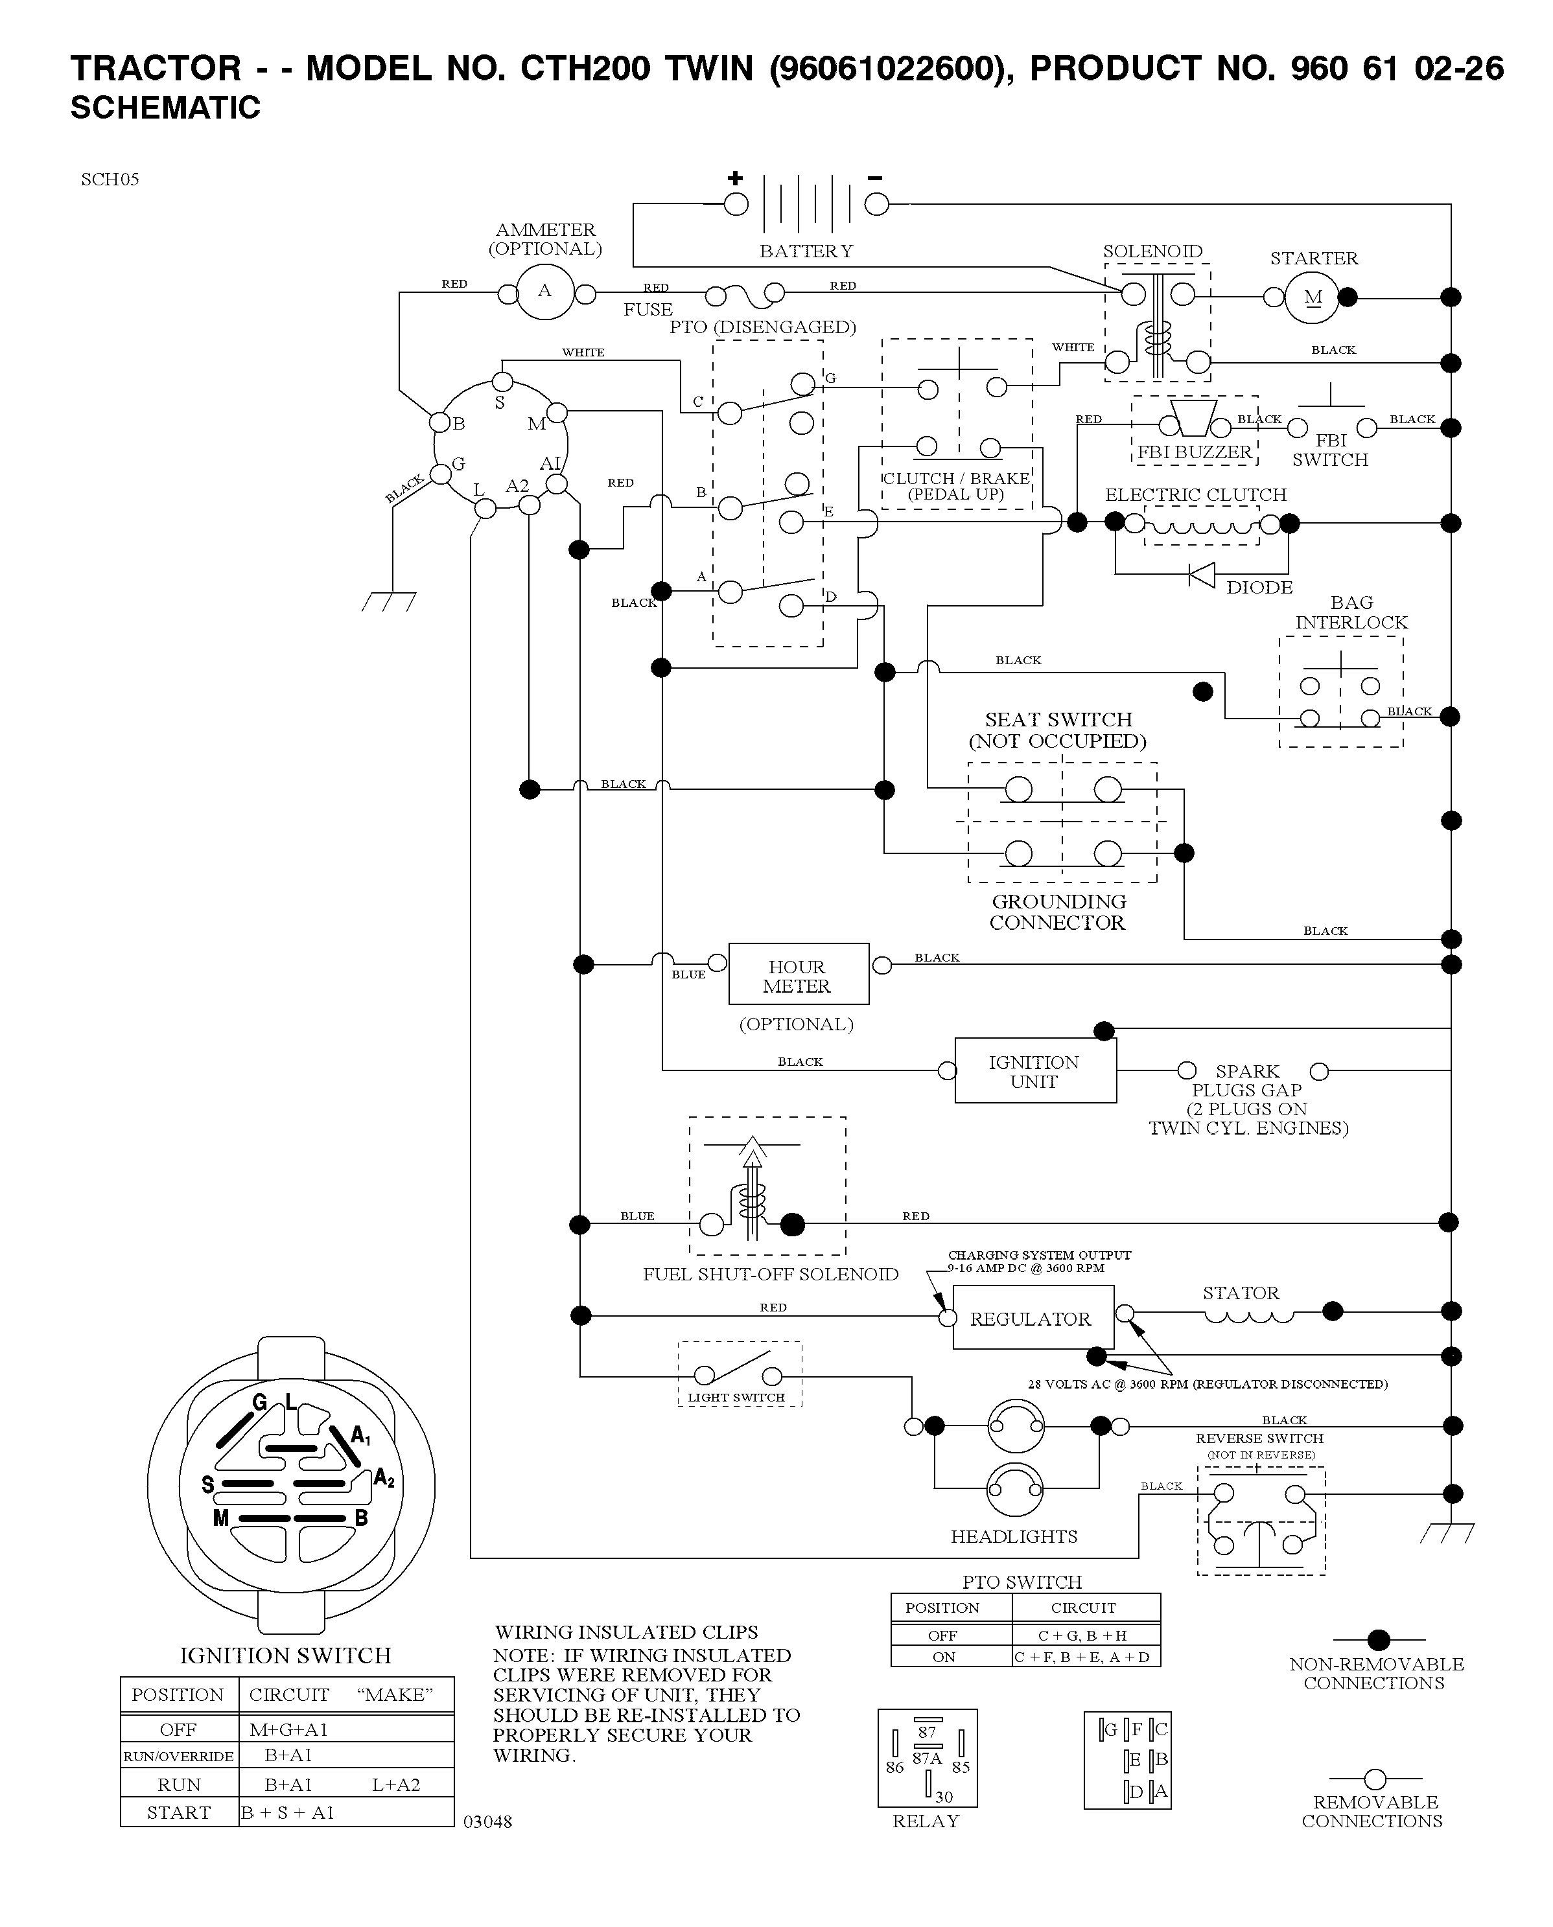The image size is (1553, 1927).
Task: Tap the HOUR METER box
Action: (x=798, y=974)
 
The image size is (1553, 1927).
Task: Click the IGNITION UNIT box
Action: (x=1035, y=1070)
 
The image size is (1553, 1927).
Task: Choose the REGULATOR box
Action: (x=1033, y=1317)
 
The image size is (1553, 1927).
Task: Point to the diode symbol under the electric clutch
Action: (x=1202, y=574)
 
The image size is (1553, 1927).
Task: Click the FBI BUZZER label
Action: (x=1195, y=452)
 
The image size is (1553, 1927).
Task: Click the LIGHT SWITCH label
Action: (x=736, y=1398)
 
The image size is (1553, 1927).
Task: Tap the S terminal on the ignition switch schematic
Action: (x=503, y=382)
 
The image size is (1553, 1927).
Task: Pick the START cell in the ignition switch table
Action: (x=179, y=1812)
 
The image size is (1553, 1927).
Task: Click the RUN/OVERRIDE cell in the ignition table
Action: (x=179, y=1755)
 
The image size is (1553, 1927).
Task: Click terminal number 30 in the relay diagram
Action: (x=944, y=1797)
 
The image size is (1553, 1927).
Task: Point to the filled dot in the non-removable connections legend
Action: (x=1379, y=1640)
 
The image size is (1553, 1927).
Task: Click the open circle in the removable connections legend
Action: (x=1375, y=1779)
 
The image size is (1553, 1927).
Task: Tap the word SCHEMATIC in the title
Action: (x=165, y=108)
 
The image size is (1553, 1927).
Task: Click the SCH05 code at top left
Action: (x=110, y=179)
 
